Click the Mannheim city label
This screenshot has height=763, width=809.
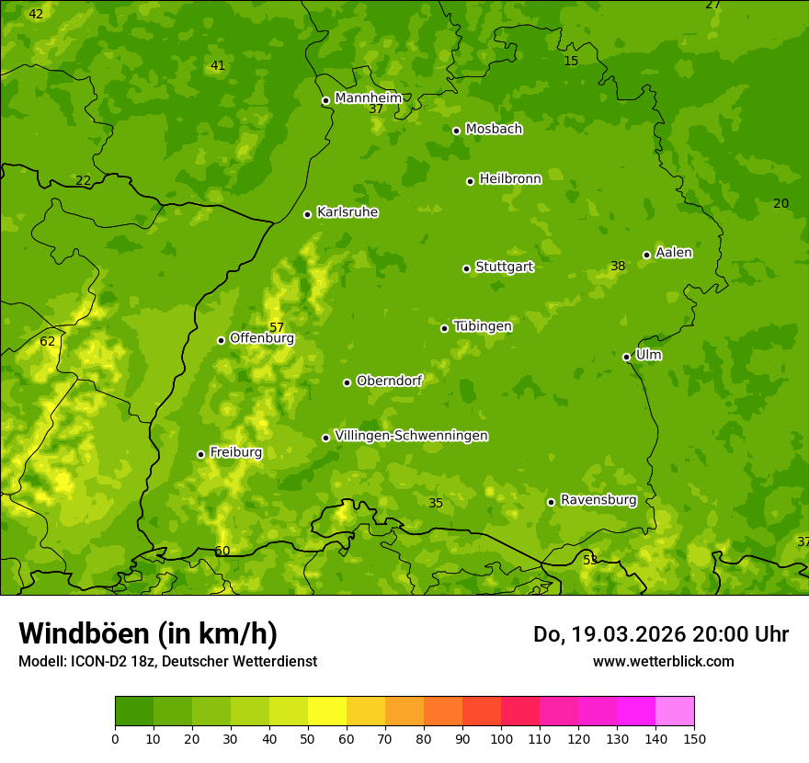368,98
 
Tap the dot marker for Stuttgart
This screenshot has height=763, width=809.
466,268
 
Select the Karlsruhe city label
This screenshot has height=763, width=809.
347,212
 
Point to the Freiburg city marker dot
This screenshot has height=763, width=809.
200,454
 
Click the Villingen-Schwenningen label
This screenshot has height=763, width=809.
411,436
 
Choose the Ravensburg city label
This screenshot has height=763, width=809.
598,500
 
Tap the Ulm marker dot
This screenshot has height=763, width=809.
626,357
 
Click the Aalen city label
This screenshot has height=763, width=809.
673,253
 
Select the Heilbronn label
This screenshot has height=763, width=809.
509,179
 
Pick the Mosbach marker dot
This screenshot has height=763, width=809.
456,131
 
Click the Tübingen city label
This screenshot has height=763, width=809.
482,326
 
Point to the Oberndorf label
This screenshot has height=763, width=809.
389,381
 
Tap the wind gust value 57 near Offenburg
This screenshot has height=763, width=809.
277,328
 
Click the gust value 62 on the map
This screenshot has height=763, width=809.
48,342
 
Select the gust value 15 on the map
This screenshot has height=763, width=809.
571,62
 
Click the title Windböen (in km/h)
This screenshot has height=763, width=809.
148,633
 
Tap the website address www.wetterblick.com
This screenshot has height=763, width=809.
663,661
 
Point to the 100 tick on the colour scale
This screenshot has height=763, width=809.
501,739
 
